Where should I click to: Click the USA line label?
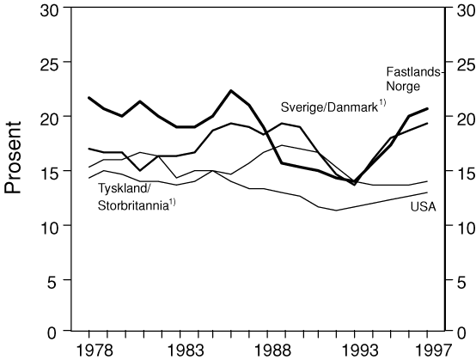tap(424, 207)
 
